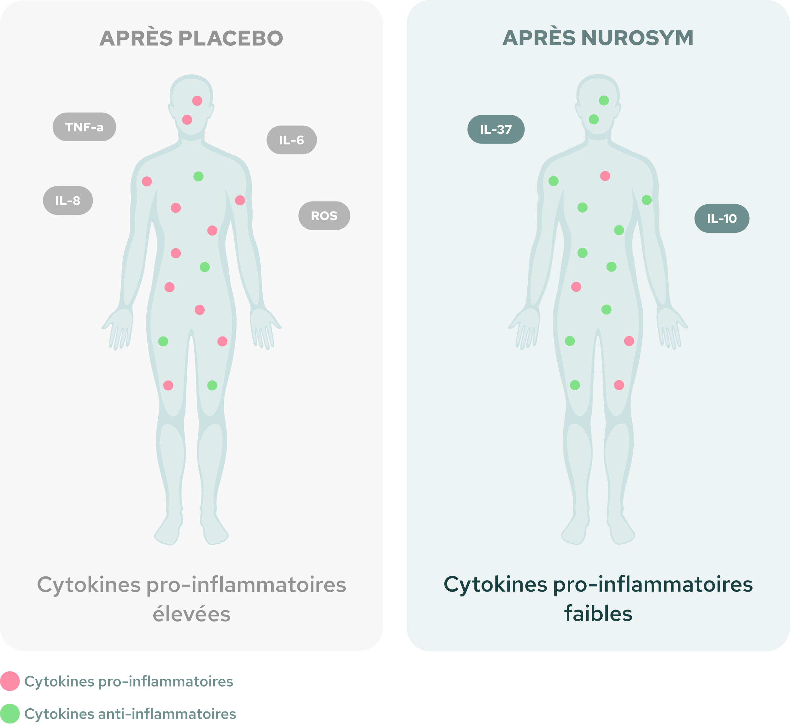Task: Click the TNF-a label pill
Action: pyautogui.click(x=84, y=127)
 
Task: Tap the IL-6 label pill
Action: pyautogui.click(x=291, y=140)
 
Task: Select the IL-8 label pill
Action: pyautogui.click(x=68, y=201)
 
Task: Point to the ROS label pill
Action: pyautogui.click(x=324, y=216)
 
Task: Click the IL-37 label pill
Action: pyautogui.click(x=496, y=130)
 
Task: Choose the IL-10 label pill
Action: pyautogui.click(x=722, y=219)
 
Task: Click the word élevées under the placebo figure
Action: pyautogui.click(x=191, y=614)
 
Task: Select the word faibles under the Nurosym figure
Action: pyautogui.click(x=598, y=614)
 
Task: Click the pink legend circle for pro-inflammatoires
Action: pyautogui.click(x=10, y=681)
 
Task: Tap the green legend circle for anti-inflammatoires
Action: pyautogui.click(x=10, y=714)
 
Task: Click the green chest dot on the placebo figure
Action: pyautogui.click(x=198, y=177)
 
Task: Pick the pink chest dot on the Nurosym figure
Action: pyautogui.click(x=605, y=176)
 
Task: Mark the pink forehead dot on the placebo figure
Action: pyautogui.click(x=197, y=101)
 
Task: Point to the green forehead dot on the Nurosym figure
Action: pyautogui.click(x=604, y=100)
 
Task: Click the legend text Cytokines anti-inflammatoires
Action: pyautogui.click(x=130, y=714)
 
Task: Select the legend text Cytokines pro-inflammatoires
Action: pyautogui.click(x=129, y=682)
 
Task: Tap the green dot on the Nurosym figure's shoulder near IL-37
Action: pyautogui.click(x=554, y=181)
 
